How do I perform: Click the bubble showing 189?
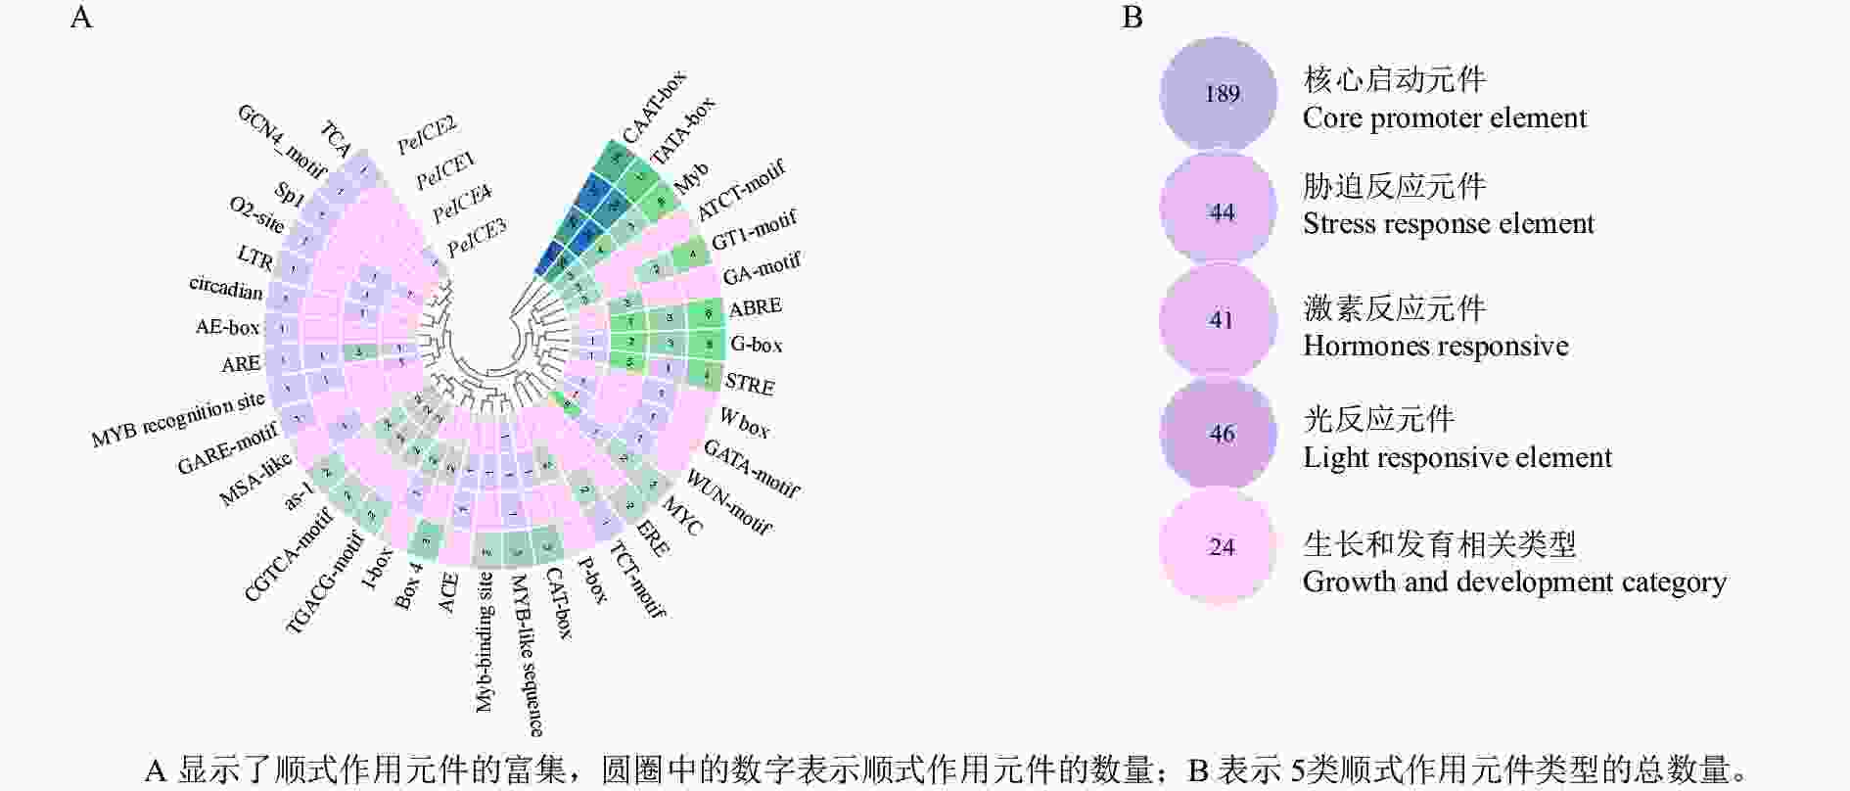pyautogui.click(x=1219, y=95)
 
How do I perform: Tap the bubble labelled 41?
pyautogui.click(x=1219, y=320)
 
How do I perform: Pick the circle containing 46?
pyautogui.click(x=1219, y=434)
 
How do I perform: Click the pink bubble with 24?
pyautogui.click(x=1219, y=546)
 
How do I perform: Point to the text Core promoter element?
pyautogui.click(x=1444, y=118)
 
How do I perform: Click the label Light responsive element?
pyautogui.click(x=1457, y=458)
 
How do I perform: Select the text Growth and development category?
pyautogui.click(x=1513, y=582)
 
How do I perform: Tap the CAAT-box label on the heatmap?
pyautogui.click(x=654, y=107)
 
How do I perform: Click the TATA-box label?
pyautogui.click(x=683, y=131)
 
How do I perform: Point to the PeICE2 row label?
pyautogui.click(x=427, y=135)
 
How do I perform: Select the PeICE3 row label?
pyautogui.click(x=477, y=238)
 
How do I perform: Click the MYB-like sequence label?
pyautogui.click(x=527, y=655)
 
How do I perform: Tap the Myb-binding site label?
pyautogui.click(x=485, y=642)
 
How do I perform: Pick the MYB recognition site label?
pyautogui.click(x=178, y=419)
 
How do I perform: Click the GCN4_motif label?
pyautogui.click(x=281, y=143)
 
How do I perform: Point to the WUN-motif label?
pyautogui.click(x=729, y=502)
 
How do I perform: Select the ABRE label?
pyautogui.click(x=756, y=307)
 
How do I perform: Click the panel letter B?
pyautogui.click(x=1133, y=18)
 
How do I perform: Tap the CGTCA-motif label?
pyautogui.click(x=288, y=553)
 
